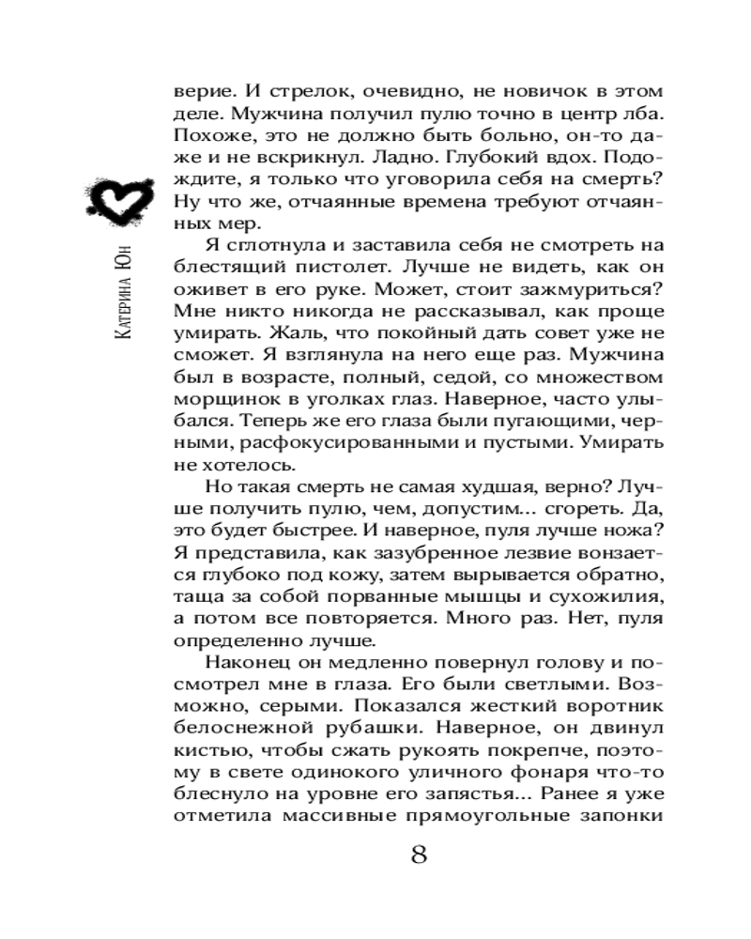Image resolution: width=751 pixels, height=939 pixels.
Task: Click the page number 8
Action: [419, 855]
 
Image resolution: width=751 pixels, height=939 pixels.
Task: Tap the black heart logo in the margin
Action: [115, 200]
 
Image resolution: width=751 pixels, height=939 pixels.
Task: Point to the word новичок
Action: [523, 93]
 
